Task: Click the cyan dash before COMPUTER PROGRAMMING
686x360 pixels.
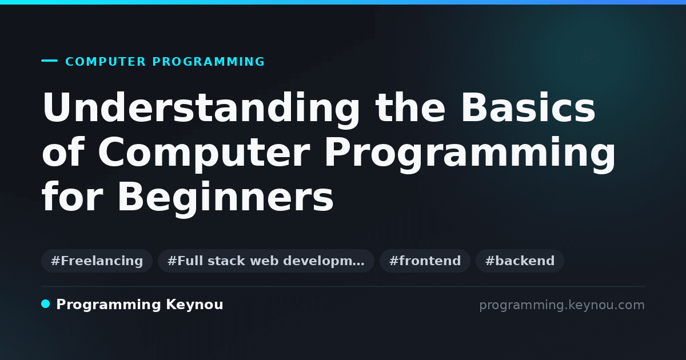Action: pos(49,61)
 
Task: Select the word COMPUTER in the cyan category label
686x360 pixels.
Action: pos(105,62)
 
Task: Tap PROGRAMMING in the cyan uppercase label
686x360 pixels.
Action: pos(208,62)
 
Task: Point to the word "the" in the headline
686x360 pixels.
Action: pos(410,107)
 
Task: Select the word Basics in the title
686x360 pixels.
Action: pos(528,107)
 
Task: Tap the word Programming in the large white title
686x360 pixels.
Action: pos(470,155)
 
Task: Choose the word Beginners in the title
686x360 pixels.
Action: pos(225,199)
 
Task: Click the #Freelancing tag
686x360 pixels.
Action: pos(97,261)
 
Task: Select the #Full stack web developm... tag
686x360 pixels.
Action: pos(266,261)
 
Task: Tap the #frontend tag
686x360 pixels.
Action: pos(425,261)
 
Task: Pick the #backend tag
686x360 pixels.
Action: pos(520,261)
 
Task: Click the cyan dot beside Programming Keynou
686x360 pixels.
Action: pos(45,304)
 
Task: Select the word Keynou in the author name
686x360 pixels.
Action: pos(194,305)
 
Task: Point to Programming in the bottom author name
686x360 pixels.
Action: pos(109,305)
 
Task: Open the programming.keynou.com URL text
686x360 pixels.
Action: pos(562,305)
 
